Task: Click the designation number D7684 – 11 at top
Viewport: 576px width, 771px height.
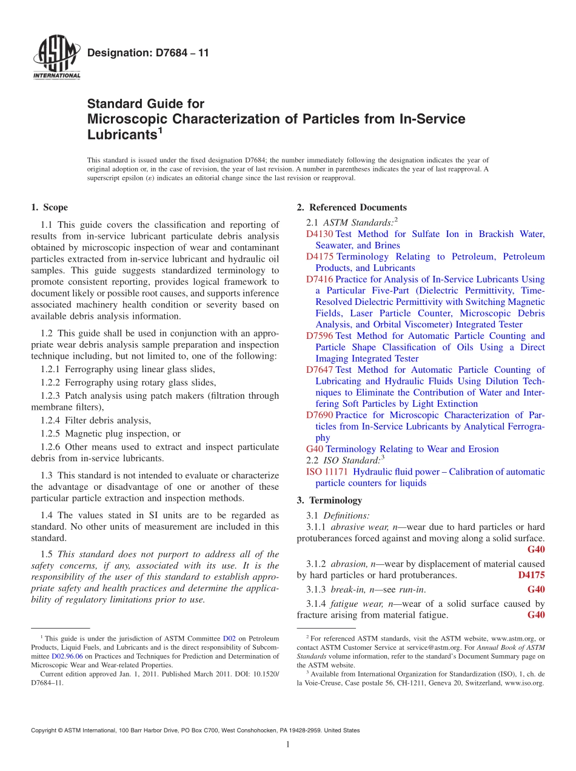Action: tap(148, 53)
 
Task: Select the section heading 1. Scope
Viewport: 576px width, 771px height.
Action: tap(49, 207)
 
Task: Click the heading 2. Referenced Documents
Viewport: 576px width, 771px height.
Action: tap(352, 207)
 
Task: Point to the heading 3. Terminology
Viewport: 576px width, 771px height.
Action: tap(329, 500)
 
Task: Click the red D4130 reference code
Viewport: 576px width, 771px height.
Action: tap(320, 234)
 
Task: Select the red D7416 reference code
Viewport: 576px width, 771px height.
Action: tap(320, 279)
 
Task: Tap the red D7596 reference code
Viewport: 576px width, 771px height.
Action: tap(320, 336)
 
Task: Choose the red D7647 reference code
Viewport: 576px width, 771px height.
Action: tap(320, 370)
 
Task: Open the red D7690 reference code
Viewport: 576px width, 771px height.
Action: tap(320, 415)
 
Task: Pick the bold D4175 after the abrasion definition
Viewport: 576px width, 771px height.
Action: tap(531, 575)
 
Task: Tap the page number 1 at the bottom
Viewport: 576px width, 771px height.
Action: tap(288, 745)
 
